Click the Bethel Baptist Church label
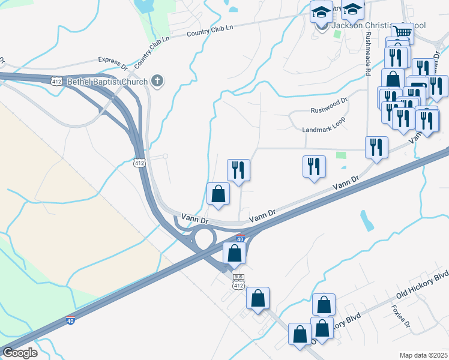tap(107, 81)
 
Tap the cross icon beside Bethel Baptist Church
tap(157, 81)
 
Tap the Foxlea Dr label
tap(400, 316)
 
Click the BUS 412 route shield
tap(238, 281)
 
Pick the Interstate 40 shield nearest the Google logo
tap(70, 321)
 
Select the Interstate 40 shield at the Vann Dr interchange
tap(241, 239)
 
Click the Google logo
tap(20, 353)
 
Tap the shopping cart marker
tap(402, 32)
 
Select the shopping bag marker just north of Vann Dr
tap(218, 194)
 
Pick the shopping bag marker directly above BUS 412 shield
tap(235, 253)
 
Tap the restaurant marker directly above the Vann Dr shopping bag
tap(238, 170)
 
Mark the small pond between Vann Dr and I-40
tap(366, 220)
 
